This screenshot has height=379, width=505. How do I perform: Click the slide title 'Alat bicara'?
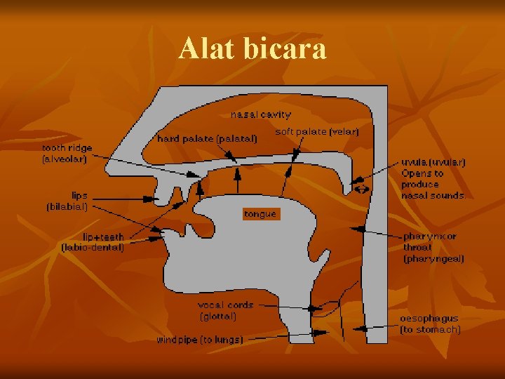(x=252, y=49)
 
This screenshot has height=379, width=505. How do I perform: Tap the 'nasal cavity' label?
(x=261, y=114)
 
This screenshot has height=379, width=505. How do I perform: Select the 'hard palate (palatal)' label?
(x=207, y=139)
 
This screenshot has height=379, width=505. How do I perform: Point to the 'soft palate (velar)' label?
(x=317, y=131)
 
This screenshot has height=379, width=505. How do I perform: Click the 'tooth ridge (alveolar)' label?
(x=66, y=154)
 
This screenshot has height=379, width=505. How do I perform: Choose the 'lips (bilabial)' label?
(x=67, y=201)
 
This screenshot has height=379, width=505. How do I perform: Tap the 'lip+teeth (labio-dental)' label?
(x=93, y=242)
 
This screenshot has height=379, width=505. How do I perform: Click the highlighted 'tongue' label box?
(x=260, y=213)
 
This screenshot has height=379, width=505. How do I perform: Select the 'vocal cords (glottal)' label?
(x=225, y=311)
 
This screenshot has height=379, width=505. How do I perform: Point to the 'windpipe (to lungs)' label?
(x=200, y=340)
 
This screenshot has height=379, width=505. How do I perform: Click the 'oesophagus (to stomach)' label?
(x=430, y=324)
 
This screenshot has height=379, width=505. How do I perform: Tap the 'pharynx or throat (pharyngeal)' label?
(x=433, y=248)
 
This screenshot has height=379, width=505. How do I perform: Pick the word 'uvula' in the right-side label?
(x=413, y=162)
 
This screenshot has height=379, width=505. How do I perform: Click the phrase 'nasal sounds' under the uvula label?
(x=432, y=196)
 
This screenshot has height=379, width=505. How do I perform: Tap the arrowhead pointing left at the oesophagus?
(x=357, y=326)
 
